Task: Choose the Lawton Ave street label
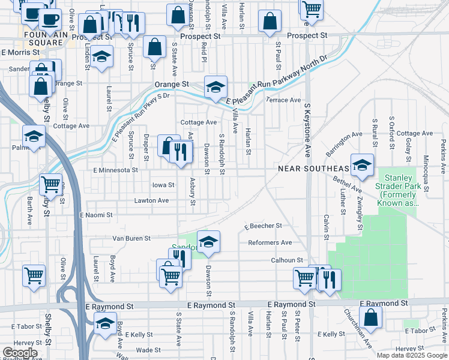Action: coord(151,200)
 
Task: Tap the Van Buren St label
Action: coord(131,238)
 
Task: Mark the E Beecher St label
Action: coord(263,226)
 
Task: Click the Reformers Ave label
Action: coord(270,242)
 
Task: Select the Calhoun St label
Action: coord(286,260)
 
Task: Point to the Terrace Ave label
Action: coord(283,100)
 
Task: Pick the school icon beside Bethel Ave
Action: coord(363,165)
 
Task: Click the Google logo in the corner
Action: coord(19,353)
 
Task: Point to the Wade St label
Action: coord(144,350)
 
